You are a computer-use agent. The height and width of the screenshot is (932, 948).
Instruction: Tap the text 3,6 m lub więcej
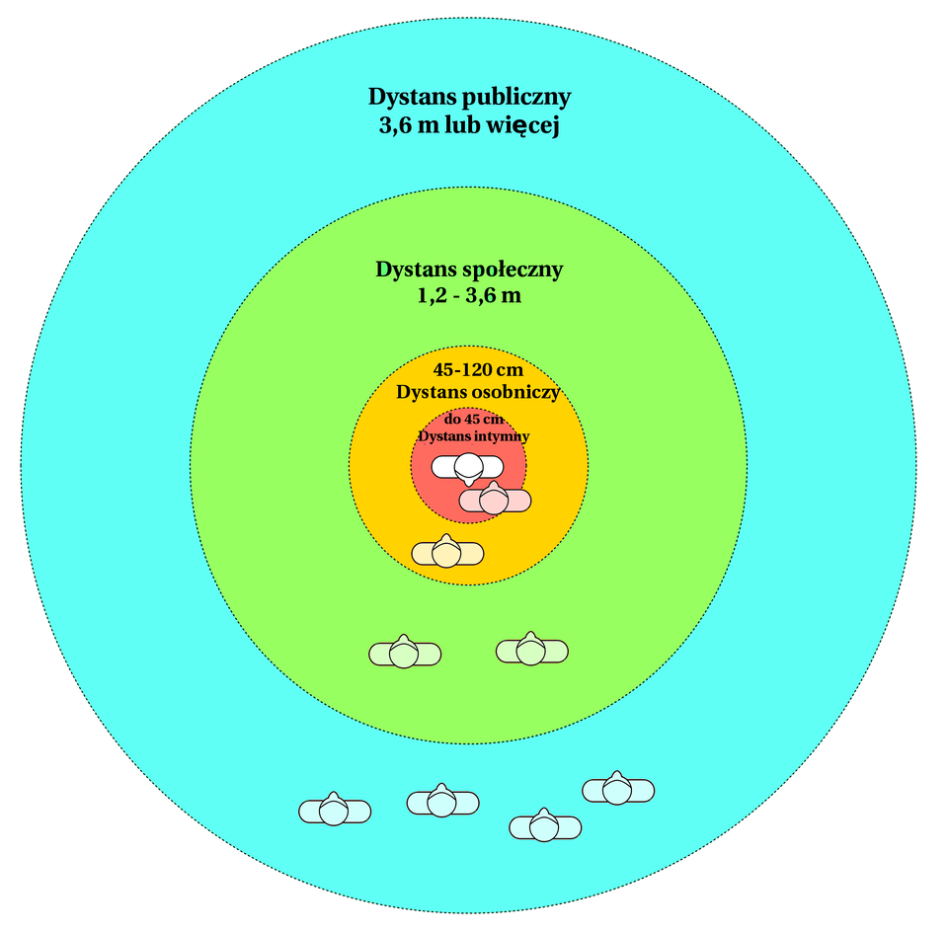coord(469,127)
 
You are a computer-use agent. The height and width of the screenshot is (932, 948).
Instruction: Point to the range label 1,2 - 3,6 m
coord(469,295)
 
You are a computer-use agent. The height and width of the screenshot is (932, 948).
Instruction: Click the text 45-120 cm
coord(478,370)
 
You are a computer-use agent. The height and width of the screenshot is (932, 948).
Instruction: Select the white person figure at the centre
coord(467,466)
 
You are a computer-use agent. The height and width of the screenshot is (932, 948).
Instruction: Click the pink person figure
coord(495,501)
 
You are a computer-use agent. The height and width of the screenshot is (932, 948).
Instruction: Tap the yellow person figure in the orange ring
coord(447,553)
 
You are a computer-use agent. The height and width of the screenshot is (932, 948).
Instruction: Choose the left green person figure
coord(405,653)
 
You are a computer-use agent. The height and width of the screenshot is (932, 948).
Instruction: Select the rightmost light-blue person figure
coord(618,790)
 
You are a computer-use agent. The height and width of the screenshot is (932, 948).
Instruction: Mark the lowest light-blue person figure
coord(545,826)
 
